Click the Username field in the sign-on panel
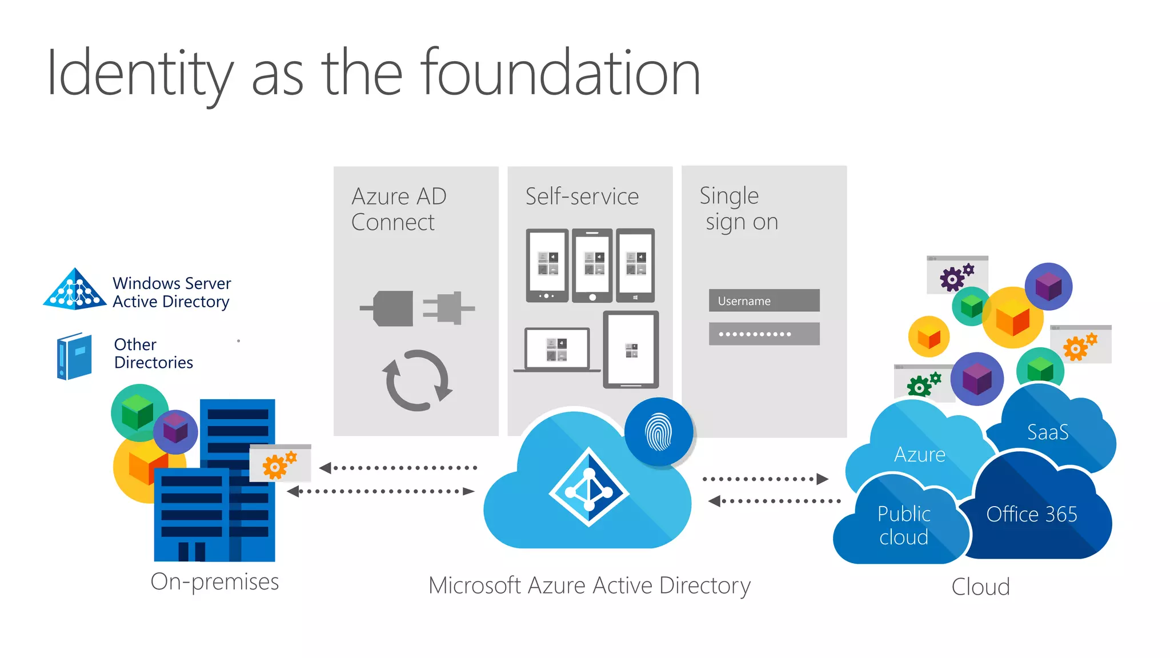pos(764,300)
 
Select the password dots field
pos(764,334)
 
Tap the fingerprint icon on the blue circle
pos(659,432)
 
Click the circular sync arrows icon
pos(417,380)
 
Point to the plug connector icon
pos(417,308)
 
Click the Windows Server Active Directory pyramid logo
pos(75,290)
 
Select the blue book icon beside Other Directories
pos(74,356)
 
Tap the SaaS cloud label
pos(1048,432)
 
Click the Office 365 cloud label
pos(1032,515)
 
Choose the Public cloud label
pos(904,525)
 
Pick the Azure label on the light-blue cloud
pos(920,455)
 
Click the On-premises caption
pos(215,582)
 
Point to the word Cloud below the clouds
pos(981,587)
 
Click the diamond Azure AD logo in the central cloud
pos(589,487)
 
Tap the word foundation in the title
pos(561,73)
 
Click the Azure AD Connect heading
pos(399,209)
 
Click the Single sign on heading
pos(739,208)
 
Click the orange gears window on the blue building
pos(281,463)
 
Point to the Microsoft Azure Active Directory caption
pos(590,586)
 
